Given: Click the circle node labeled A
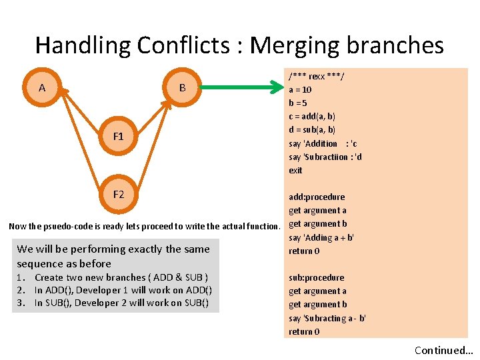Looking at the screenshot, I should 42,87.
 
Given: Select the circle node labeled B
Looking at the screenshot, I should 182,87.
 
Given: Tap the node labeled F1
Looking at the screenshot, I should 118,136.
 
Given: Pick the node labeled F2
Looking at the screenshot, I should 118,194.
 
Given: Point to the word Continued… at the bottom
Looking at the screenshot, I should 443,350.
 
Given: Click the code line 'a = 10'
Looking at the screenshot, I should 300,89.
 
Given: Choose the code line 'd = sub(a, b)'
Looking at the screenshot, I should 312,129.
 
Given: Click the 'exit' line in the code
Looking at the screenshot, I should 295,170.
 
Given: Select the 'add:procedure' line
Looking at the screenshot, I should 317,197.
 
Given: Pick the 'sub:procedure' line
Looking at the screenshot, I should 317,277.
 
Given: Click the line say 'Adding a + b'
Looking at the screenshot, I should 321,237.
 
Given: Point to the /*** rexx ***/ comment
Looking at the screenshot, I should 316,76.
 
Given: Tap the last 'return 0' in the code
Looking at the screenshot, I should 304,331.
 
